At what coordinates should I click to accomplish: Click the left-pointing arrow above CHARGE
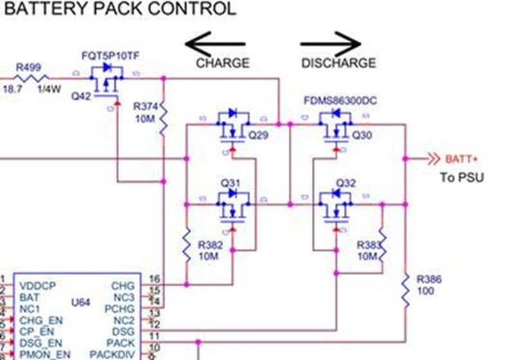pyautogui.click(x=215, y=44)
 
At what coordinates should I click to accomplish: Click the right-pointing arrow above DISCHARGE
pyautogui.click(x=331, y=44)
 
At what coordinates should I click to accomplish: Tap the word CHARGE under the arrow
pyautogui.click(x=222, y=63)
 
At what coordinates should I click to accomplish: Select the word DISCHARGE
pyautogui.click(x=338, y=63)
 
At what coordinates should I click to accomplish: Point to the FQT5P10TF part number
pyautogui.click(x=110, y=57)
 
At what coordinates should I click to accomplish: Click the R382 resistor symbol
pyautogui.click(x=186, y=245)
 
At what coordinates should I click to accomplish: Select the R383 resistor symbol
pyautogui.click(x=381, y=245)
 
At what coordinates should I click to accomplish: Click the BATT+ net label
pyautogui.click(x=462, y=159)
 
